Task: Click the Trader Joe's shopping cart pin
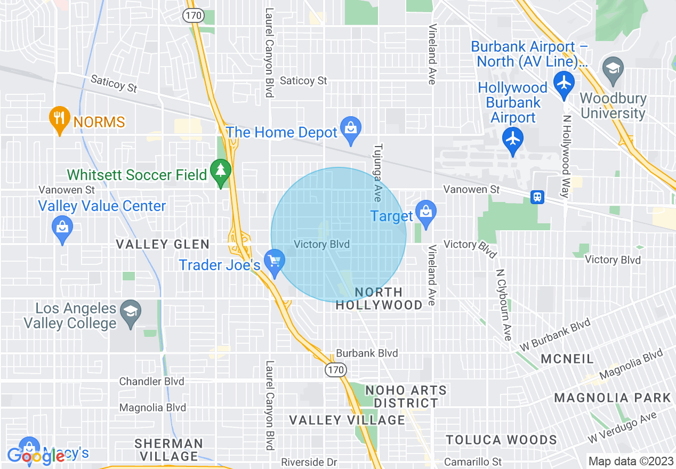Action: (x=275, y=263)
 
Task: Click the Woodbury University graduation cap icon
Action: (x=613, y=68)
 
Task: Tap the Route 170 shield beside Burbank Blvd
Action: (x=337, y=369)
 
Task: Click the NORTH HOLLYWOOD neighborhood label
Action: (x=379, y=298)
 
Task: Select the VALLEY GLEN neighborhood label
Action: (x=163, y=245)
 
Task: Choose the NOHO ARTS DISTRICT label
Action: (x=406, y=397)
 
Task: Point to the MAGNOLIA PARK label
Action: (x=612, y=398)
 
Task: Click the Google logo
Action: (x=36, y=457)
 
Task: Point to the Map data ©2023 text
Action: (x=629, y=461)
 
